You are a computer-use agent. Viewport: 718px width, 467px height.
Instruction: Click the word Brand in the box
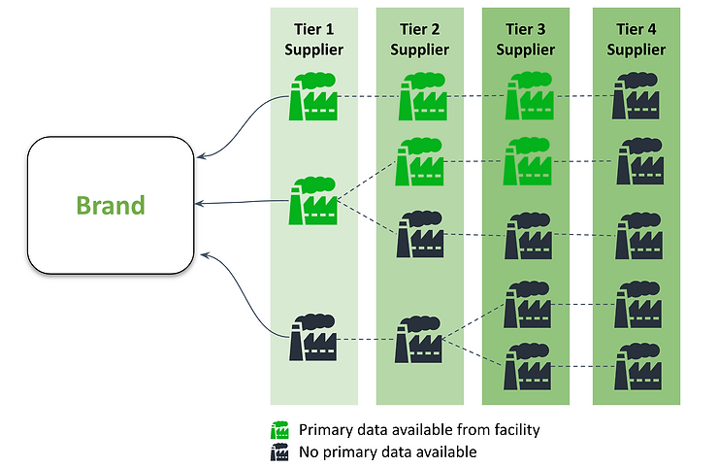111,205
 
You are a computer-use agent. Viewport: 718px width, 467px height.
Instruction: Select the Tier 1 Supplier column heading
314,40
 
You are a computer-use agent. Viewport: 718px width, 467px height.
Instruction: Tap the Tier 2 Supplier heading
420,40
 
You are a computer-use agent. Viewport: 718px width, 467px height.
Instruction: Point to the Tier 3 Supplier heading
526,40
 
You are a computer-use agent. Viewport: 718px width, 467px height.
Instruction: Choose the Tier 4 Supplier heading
636,40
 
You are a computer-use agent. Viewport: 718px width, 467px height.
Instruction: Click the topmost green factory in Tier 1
313,96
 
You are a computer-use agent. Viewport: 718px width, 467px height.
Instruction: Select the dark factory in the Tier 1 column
313,337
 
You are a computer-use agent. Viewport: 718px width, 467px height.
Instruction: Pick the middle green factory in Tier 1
313,201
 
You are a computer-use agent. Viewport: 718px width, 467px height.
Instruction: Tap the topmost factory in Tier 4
636,95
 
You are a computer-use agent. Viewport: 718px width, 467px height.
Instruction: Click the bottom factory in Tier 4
637,366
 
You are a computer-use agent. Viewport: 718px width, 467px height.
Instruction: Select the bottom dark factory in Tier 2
419,339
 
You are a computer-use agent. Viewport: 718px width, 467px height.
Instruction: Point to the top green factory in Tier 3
530,95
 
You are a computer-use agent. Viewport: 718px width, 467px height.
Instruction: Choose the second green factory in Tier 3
528,161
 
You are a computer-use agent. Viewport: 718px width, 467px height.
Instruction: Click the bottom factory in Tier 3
528,366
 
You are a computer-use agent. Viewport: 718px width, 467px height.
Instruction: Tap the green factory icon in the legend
279,430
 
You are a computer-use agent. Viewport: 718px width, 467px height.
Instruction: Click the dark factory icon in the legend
279,451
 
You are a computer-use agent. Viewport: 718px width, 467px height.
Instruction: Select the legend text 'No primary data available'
388,452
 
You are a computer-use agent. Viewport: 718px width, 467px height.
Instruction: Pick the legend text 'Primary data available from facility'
419,430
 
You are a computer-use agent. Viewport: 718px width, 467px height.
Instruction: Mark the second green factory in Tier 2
419,161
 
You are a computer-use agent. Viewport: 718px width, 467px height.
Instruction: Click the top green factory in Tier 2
423,96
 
